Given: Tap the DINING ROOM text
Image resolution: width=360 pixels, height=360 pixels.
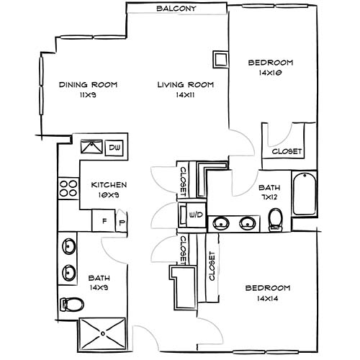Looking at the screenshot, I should [x=88, y=84].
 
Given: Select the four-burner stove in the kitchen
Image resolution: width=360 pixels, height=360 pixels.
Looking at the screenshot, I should [x=68, y=189].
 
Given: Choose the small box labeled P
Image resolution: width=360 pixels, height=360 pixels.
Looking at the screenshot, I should [x=121, y=222].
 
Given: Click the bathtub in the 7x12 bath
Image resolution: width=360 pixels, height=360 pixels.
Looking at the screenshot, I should [x=305, y=194].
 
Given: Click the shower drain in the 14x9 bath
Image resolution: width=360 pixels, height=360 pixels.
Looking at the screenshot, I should [x=104, y=333].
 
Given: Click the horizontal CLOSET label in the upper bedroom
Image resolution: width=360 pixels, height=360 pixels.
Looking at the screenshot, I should [x=287, y=151].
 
